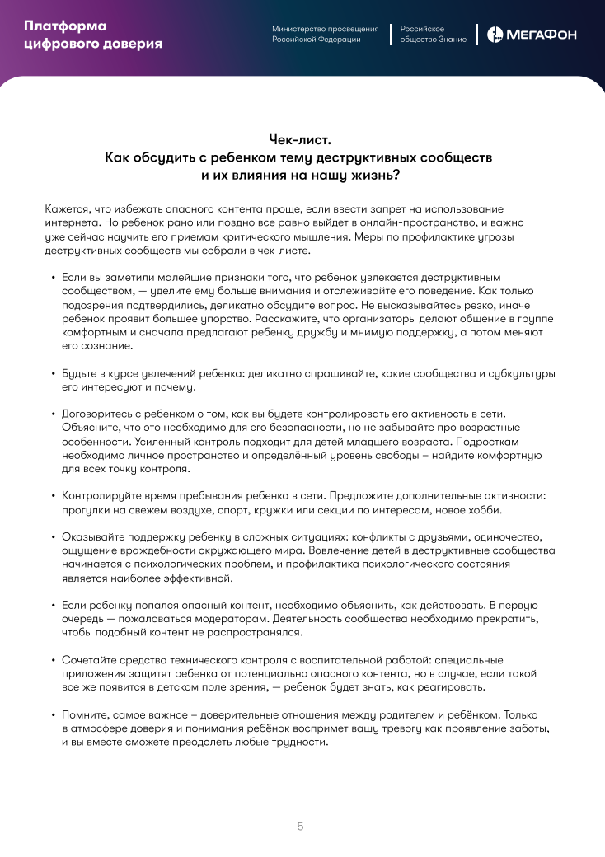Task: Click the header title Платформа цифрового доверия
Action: [93, 35]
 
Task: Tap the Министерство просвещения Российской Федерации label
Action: [326, 34]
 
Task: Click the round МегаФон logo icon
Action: [495, 35]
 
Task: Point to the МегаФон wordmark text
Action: [541, 35]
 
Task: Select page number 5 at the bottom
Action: [301, 826]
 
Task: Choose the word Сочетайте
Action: [89, 659]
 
